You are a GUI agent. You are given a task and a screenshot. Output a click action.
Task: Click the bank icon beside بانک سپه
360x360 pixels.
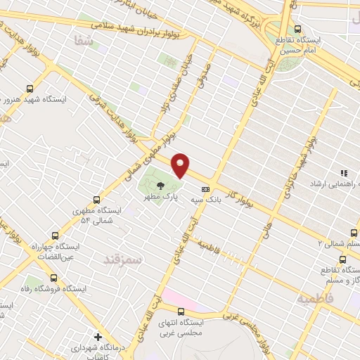[205, 188]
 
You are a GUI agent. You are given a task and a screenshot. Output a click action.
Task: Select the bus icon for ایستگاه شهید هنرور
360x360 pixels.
[30, 88]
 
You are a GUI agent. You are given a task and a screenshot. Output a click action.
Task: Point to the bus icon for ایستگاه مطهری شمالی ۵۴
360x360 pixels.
[97, 200]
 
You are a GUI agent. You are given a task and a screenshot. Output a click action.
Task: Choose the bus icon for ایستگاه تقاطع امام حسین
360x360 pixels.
[298, 29]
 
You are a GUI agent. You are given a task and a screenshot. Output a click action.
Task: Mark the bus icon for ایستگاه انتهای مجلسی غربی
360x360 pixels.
[181, 311]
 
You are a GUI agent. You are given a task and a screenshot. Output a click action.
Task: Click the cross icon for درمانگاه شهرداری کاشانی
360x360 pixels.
[98, 336]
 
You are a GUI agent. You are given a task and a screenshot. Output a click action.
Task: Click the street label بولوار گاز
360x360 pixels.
[243, 191]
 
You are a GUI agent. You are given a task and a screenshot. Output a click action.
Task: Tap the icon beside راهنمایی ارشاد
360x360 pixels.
[345, 172]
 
